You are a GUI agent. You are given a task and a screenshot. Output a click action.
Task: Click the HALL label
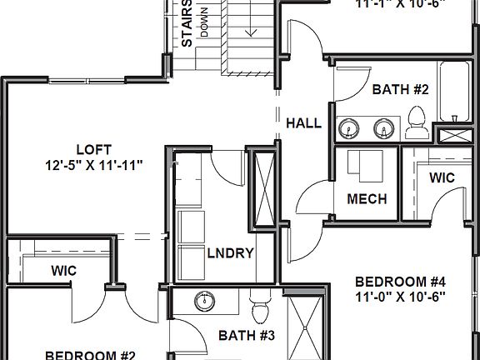click(303, 123)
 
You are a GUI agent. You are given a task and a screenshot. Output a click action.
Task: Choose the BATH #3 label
click(241, 336)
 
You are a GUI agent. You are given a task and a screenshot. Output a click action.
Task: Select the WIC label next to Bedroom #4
click(441, 177)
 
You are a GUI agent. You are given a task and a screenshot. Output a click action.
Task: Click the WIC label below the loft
click(64, 270)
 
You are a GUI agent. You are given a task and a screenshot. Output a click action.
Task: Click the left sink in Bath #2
click(348, 127)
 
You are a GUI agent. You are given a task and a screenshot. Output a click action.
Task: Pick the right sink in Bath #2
click(383, 127)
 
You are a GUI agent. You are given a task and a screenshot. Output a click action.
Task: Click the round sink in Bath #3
click(203, 301)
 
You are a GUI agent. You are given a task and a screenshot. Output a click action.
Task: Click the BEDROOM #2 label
click(90, 354)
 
